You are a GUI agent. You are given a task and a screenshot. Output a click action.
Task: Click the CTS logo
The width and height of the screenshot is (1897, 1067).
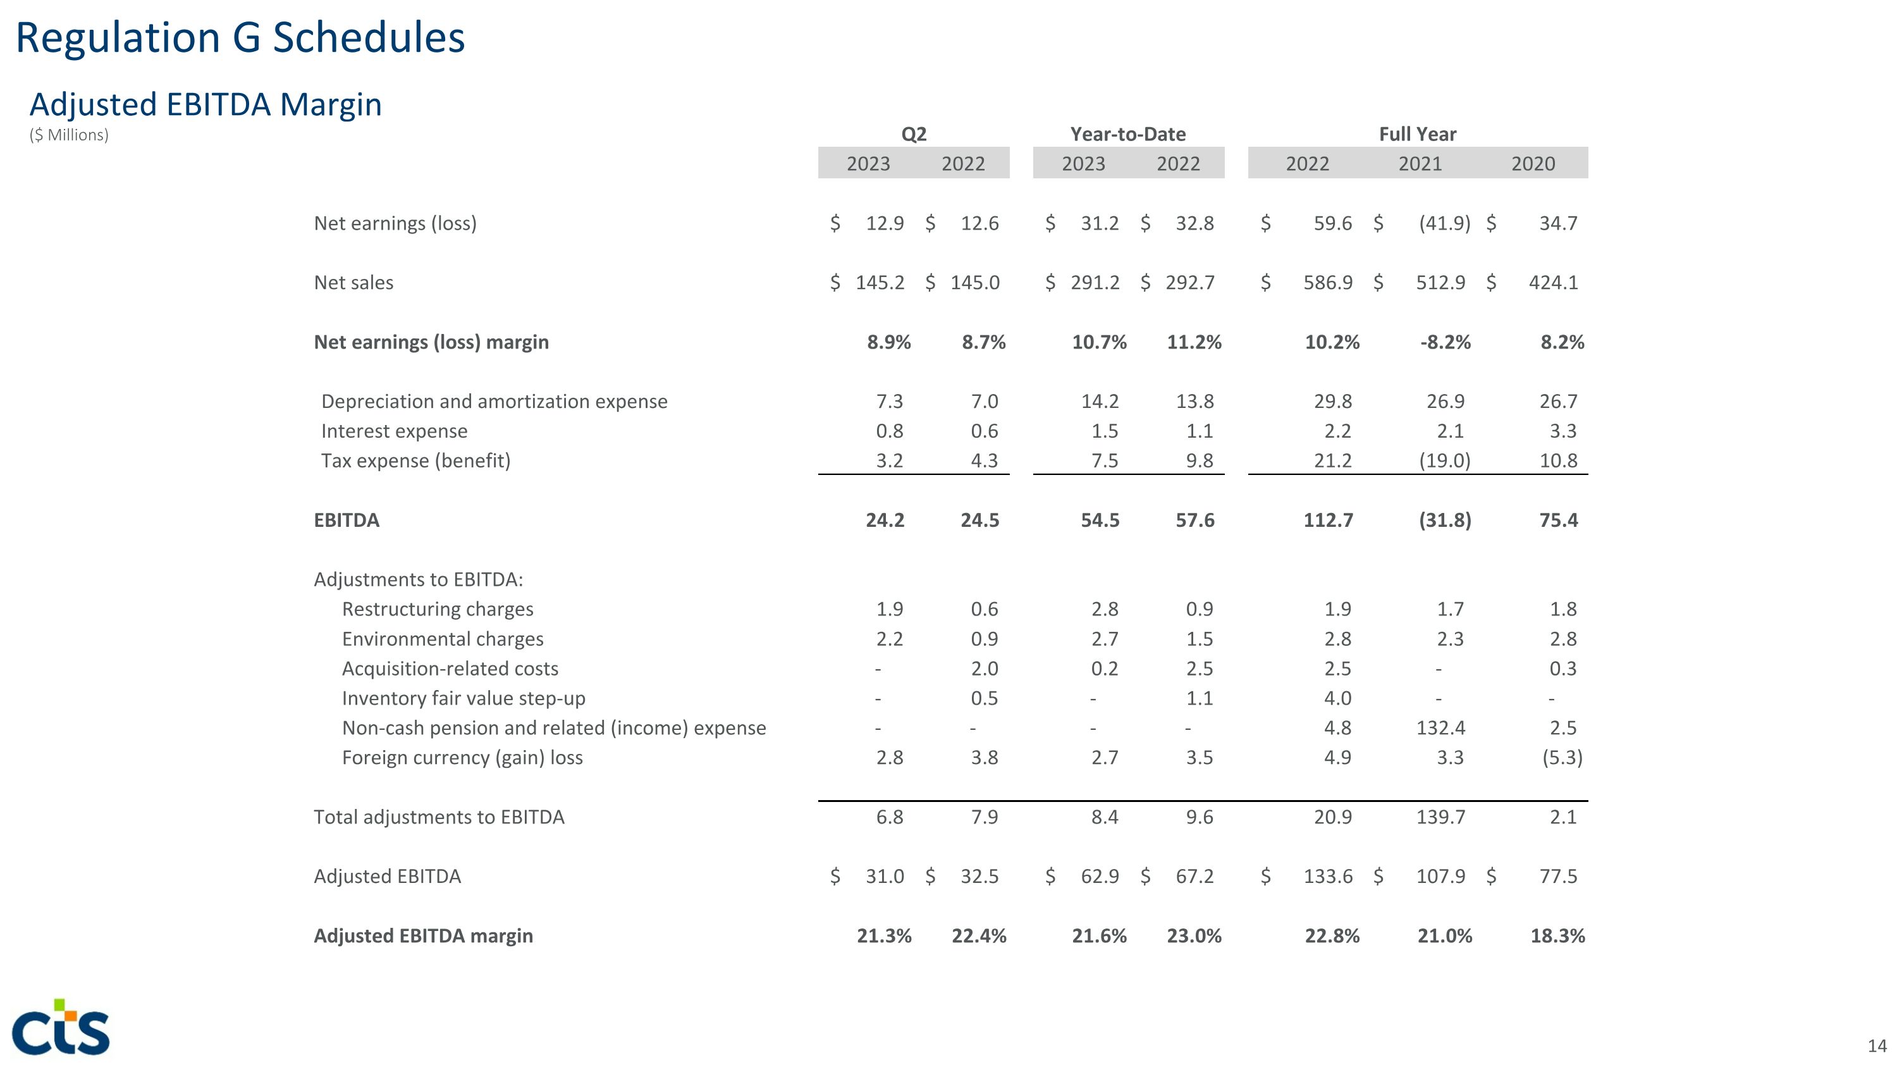tap(61, 1027)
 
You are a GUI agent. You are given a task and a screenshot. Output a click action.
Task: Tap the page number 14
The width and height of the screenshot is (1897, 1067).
tap(1876, 1045)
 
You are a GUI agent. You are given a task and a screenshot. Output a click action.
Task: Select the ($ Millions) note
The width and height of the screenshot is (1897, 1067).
tap(69, 135)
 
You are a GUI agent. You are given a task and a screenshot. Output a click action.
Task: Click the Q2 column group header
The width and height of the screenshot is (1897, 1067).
tap(913, 134)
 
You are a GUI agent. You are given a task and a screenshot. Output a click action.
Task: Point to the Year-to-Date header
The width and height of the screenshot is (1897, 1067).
tap(1127, 134)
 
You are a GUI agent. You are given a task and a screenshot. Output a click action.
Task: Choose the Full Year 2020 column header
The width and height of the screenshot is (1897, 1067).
tap(1533, 163)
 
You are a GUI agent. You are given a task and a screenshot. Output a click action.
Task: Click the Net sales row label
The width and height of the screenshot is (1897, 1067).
tap(353, 283)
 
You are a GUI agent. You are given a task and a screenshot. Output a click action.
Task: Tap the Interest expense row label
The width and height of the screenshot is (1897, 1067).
tap(394, 431)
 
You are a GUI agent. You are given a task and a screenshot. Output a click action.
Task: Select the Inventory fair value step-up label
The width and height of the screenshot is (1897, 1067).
tap(464, 698)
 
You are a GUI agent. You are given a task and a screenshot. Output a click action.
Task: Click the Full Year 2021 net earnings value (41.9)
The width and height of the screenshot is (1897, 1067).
tap(1444, 223)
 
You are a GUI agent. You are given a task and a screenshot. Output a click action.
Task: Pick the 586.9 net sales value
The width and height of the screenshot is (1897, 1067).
tap(1328, 283)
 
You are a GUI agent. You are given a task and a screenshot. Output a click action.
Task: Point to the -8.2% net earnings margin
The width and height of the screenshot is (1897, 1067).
tap(1445, 342)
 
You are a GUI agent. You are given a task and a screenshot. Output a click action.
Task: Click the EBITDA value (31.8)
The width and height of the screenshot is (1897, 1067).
tap(1444, 521)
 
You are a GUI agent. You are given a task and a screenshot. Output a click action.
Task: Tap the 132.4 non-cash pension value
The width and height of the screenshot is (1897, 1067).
tap(1440, 728)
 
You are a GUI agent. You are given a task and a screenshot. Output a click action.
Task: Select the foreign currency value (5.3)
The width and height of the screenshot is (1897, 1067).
tap(1562, 758)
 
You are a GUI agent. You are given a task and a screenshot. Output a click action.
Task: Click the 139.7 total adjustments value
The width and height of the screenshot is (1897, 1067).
tap(1440, 817)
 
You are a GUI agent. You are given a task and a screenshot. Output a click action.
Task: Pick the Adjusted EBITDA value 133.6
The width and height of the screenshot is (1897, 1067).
tap(1328, 876)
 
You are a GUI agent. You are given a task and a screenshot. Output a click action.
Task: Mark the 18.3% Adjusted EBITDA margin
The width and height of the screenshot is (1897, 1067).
tap(1557, 936)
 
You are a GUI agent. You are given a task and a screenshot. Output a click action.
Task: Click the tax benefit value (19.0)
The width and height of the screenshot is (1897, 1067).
tap(1444, 461)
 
